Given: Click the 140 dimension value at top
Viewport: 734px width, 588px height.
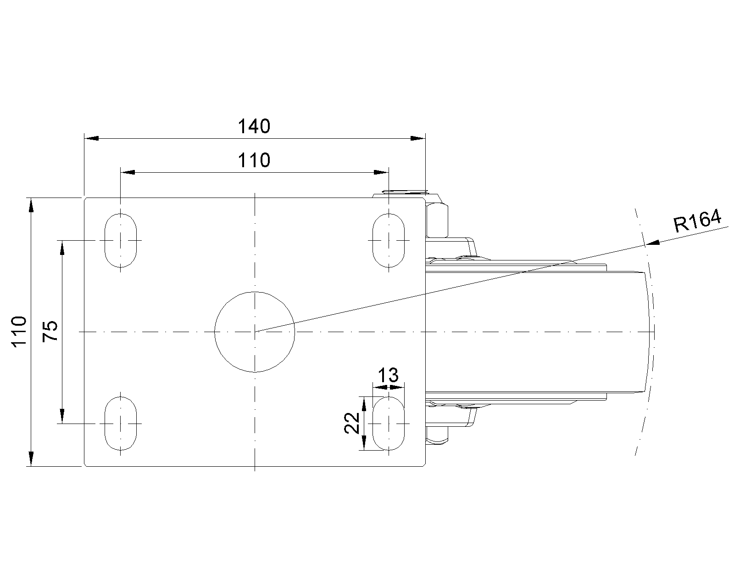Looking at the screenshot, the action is click(x=254, y=126).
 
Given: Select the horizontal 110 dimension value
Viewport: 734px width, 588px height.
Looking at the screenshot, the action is click(x=254, y=160).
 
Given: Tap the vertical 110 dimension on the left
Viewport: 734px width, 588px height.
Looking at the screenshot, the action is click(x=19, y=332).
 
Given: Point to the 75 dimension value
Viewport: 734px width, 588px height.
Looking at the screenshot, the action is click(x=50, y=331).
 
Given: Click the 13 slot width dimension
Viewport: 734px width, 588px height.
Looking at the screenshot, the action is click(x=389, y=375).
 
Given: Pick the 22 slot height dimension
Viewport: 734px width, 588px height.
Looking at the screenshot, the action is click(x=352, y=423).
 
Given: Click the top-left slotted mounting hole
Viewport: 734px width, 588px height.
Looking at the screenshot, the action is click(x=120, y=241).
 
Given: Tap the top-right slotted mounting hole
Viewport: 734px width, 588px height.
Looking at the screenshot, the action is click(x=389, y=241).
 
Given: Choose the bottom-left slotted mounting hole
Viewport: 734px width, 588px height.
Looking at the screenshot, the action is click(x=120, y=424).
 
